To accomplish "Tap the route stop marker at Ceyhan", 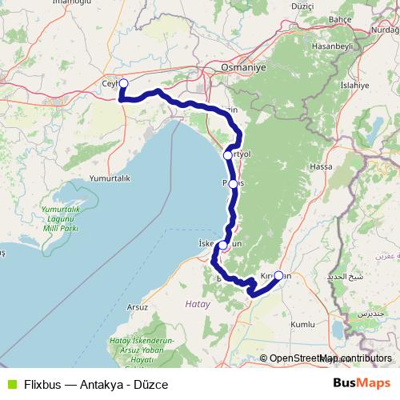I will click(x=123, y=82).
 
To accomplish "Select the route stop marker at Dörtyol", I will click(x=228, y=154).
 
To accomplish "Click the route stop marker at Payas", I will click(x=233, y=183).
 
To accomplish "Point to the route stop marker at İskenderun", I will click(x=223, y=246).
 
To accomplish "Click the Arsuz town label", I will click(x=138, y=306).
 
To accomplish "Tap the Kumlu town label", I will click(x=302, y=325).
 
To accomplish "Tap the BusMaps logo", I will click(x=362, y=384).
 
